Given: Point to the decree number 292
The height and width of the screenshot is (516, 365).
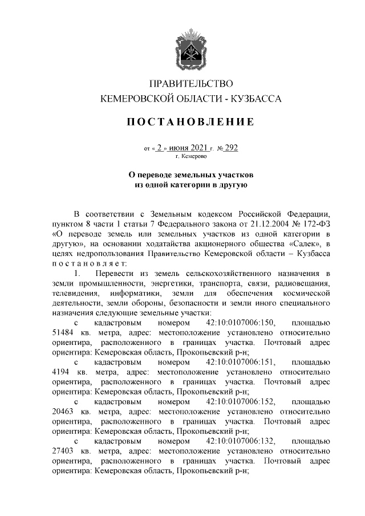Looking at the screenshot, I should coord(231,148).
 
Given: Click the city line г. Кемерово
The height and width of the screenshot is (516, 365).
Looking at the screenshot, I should coord(191,156).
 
